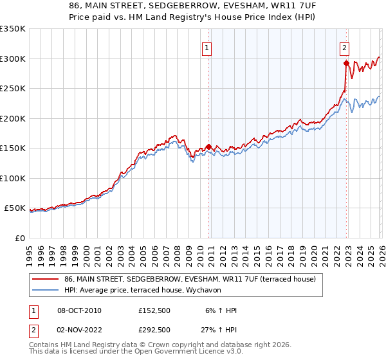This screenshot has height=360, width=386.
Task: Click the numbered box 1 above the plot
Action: [207, 47]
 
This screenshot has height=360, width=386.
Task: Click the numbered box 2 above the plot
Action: [345, 47]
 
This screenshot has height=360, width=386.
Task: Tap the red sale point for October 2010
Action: [208, 147]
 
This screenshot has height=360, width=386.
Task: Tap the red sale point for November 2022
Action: [346, 63]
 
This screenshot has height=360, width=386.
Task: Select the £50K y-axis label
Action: [15, 208]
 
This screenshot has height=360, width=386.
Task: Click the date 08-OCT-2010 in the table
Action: [79, 310]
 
